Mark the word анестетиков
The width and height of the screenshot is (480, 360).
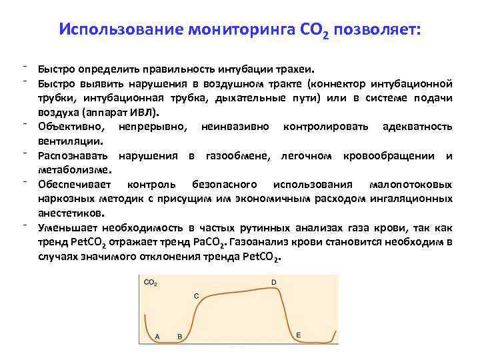71,213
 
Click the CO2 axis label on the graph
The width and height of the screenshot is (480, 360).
151,283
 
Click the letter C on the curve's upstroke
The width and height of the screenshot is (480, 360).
196,295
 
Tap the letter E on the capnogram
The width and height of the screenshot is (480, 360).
298,334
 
